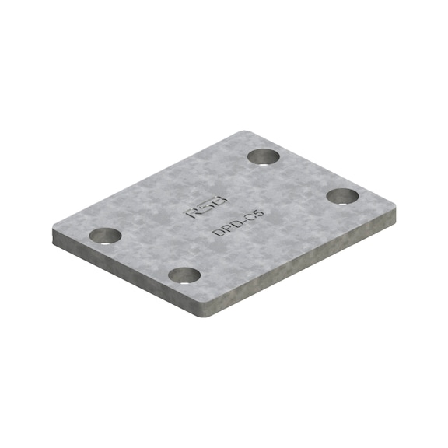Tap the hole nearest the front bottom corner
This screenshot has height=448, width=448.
coord(185,275)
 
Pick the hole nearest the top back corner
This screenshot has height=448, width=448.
coord(264,156)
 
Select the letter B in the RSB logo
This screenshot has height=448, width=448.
coord(219,207)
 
